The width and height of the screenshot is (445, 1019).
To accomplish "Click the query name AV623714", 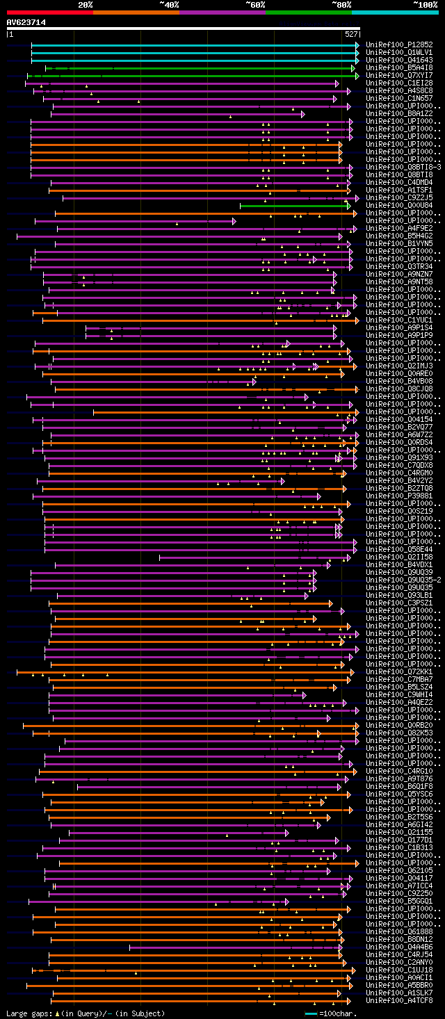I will [26, 22].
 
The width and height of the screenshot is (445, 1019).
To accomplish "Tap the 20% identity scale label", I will [86, 5].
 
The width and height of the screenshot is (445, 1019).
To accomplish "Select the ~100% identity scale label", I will [425, 5].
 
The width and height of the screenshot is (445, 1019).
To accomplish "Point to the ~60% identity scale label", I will [255, 5].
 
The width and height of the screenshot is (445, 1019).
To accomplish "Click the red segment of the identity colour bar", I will [49, 12].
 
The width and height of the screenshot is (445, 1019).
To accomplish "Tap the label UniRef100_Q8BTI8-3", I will [403, 168].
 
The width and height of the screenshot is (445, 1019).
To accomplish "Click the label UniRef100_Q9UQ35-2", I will [403, 580].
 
